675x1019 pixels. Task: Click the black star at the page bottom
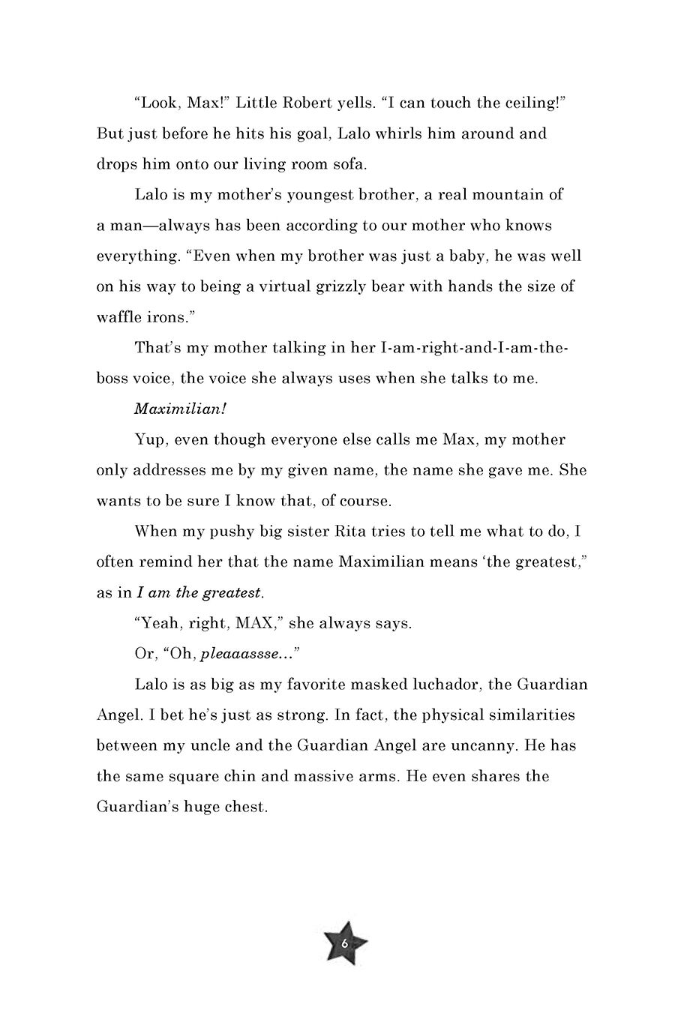coord(345,943)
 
